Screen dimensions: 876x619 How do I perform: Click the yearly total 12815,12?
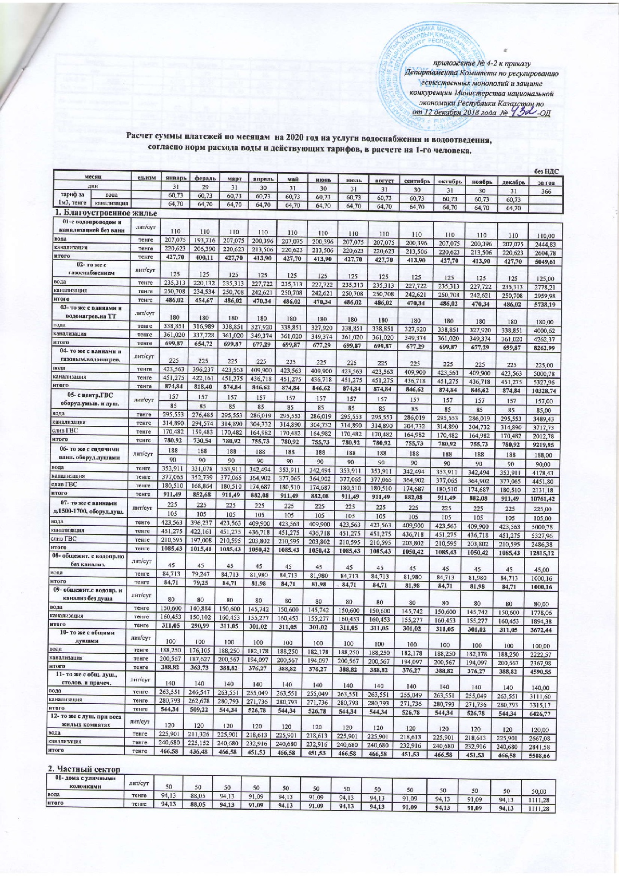tap(546, 552)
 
